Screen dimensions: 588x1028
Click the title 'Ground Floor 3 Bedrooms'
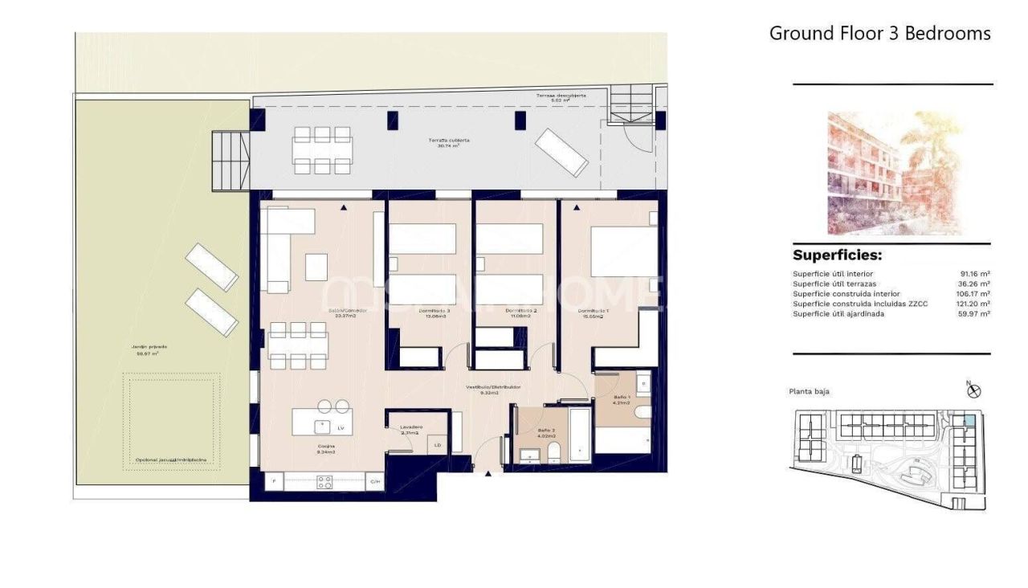click(879, 33)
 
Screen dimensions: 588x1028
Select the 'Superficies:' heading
click(837, 255)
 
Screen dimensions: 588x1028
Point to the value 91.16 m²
click(974, 274)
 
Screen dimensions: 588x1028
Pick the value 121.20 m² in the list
click(973, 304)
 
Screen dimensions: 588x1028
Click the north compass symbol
click(974, 391)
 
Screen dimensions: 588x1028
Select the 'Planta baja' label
click(809, 392)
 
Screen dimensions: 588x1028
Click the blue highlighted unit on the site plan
click(969, 420)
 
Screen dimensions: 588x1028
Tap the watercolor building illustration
click(894, 173)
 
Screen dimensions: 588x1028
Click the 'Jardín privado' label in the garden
click(145, 347)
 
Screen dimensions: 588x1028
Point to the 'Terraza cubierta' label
click(448, 141)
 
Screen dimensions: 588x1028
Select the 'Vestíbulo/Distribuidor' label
click(493, 387)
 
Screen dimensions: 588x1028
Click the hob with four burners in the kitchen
click(324, 482)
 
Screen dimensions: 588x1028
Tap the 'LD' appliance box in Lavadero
click(438, 444)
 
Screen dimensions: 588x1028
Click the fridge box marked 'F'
click(274, 482)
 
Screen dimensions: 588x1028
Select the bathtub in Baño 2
click(580, 435)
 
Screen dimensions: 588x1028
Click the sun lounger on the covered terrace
click(561, 152)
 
